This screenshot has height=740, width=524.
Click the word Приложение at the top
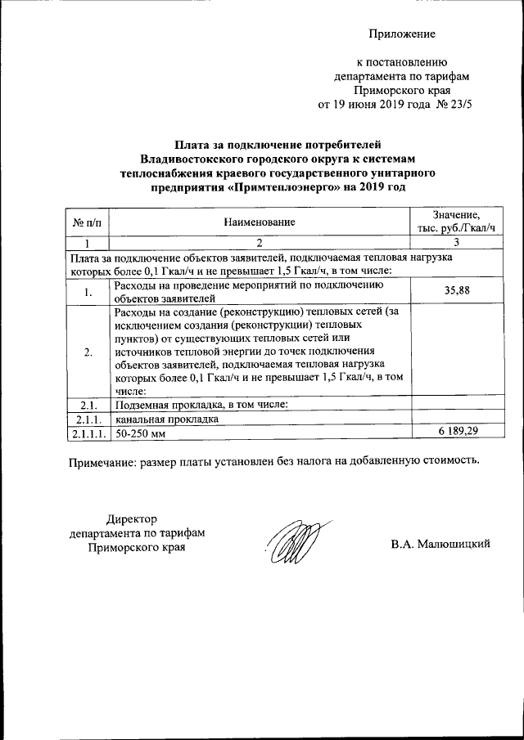click(401, 34)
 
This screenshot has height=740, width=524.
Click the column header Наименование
click(259, 222)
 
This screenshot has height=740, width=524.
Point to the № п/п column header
click(87, 222)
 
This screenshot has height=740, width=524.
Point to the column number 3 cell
click(455, 243)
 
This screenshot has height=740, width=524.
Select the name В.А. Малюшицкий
click(440, 545)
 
